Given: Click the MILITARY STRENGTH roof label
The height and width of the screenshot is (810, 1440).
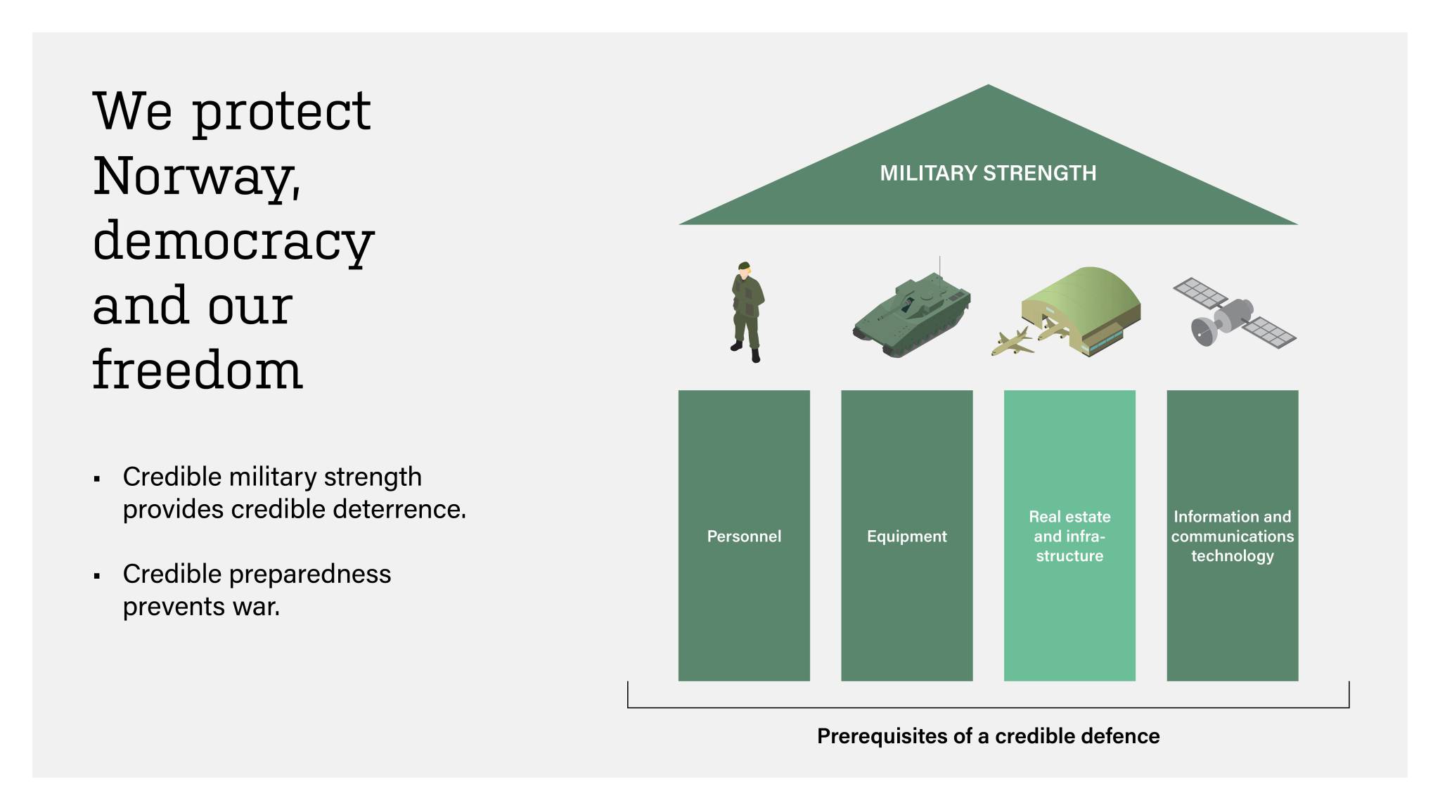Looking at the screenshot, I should [988, 173].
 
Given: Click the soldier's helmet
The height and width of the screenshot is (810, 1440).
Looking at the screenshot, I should [744, 266].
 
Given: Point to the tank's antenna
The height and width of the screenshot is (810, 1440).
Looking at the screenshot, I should [939, 267].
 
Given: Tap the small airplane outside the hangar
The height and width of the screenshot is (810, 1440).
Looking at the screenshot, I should [1012, 342].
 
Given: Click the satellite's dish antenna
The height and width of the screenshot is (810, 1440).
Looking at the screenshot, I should [1203, 330].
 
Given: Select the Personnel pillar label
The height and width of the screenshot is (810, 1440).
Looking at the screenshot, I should [744, 536].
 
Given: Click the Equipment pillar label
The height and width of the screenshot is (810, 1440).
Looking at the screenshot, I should [906, 536].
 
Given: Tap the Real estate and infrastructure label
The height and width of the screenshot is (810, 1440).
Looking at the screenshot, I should [1069, 536].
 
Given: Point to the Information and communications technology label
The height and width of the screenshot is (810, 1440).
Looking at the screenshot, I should [1232, 536].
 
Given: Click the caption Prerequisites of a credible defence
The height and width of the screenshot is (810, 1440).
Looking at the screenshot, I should [988, 736].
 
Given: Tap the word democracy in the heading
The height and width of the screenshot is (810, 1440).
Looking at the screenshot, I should [233, 241].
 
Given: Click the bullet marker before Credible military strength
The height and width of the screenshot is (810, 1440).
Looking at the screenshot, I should [97, 480].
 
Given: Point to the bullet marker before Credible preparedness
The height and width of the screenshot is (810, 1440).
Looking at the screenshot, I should [97, 577].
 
